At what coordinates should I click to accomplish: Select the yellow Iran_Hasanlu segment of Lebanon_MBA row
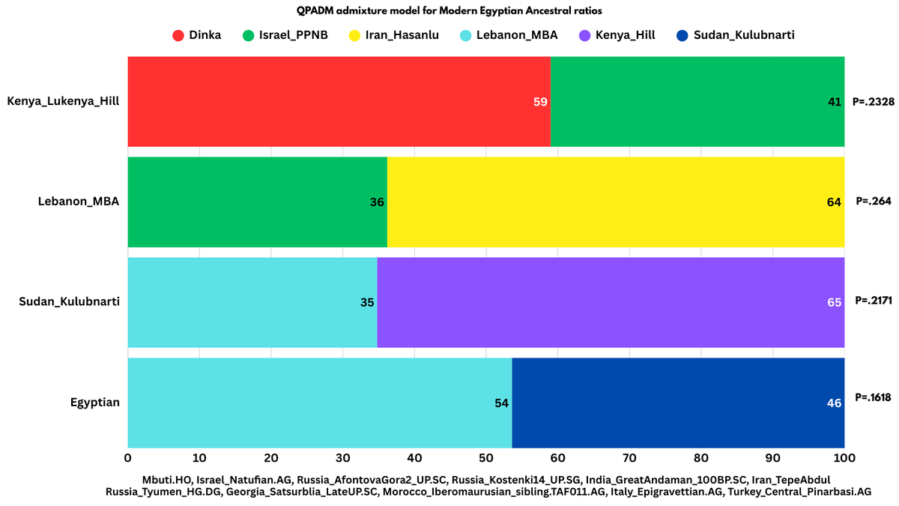pos(614,202)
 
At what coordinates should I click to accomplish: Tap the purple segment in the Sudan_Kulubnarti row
pos(611,302)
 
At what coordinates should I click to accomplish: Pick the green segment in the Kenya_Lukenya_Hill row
pos(697,101)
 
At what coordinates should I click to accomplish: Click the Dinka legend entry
pos(197,34)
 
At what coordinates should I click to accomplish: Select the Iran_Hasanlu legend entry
pos(394,34)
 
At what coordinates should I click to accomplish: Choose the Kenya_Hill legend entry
pos(617,34)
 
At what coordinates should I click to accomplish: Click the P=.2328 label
pos(874,102)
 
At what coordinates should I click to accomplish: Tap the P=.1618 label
pos(873,397)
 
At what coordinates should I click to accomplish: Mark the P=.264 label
pos(874,202)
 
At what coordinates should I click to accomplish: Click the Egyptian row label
pos(94,403)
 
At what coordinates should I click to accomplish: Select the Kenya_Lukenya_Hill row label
pos(63,100)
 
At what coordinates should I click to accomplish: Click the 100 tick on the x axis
pos(844,457)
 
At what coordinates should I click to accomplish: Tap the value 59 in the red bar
pos(540,102)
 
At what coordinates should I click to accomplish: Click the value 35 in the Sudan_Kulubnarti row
pos(367,303)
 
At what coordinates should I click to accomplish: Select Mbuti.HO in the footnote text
pos(167,479)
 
